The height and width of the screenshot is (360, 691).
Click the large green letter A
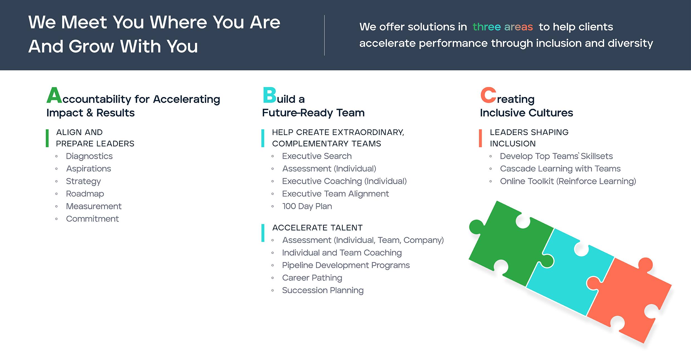tap(54, 95)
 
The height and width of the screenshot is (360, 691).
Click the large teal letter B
tap(269, 95)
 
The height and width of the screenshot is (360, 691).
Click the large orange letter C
tap(488, 95)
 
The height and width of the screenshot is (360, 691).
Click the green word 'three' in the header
tap(486, 27)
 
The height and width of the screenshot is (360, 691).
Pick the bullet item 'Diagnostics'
tap(89, 156)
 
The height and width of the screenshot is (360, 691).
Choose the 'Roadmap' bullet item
tap(85, 194)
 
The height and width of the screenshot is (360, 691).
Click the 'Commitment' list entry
tap(92, 219)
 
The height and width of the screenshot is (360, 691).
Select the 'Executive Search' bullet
tap(317, 156)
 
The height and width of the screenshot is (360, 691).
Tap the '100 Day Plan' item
tap(307, 206)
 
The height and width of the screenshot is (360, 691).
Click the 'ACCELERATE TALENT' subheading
tap(317, 228)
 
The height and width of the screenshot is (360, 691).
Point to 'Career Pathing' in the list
tap(312, 278)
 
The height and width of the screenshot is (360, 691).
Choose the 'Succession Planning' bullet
tap(323, 290)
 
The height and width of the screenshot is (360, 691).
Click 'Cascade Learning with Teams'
tap(560, 169)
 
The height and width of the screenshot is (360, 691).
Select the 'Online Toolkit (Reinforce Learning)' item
tap(568, 181)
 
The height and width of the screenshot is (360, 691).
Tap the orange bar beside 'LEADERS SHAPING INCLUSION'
tap(480, 138)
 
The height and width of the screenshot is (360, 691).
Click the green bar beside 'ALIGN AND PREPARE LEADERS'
tap(47, 138)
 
